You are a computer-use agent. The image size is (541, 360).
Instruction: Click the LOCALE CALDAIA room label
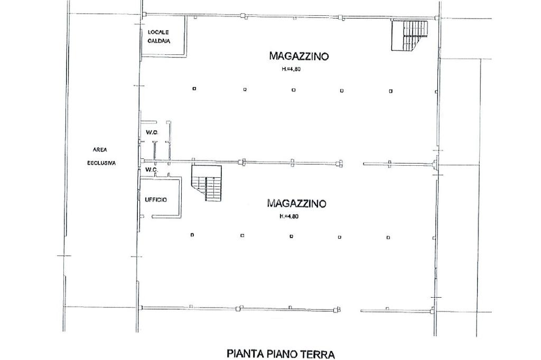pyautogui.click(x=158, y=36)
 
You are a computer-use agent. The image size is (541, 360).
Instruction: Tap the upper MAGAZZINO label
pyautogui.click(x=299, y=56)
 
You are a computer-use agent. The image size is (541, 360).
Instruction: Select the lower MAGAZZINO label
pyautogui.click(x=297, y=203)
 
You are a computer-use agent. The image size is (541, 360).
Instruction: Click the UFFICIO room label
pyautogui.click(x=156, y=200)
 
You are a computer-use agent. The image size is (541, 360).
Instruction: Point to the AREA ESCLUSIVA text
pyautogui.click(x=101, y=157)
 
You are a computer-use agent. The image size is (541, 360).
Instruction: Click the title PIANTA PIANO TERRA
pyautogui.click(x=281, y=354)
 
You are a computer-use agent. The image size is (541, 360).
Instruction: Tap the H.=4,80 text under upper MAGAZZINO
pyautogui.click(x=291, y=69)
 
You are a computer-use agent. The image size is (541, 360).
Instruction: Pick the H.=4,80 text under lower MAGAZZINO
pyautogui.click(x=289, y=216)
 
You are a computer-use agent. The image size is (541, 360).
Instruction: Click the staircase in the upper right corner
pyautogui.click(x=409, y=35)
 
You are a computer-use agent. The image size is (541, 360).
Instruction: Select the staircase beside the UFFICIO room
pyautogui.click(x=207, y=183)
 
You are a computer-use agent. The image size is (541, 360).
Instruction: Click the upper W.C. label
pyautogui.click(x=152, y=132)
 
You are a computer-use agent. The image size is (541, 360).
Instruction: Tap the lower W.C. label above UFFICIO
pyautogui.click(x=152, y=169)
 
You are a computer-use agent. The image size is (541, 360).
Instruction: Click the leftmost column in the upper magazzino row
pyautogui.click(x=194, y=89)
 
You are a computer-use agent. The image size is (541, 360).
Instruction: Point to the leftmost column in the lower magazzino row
pyautogui.click(x=192, y=235)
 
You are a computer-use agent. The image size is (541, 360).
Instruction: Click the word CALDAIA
pyautogui.click(x=159, y=41)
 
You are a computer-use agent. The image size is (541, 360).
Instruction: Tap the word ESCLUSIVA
pyautogui.click(x=101, y=163)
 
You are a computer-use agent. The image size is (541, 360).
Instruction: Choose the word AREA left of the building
pyautogui.click(x=100, y=150)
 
